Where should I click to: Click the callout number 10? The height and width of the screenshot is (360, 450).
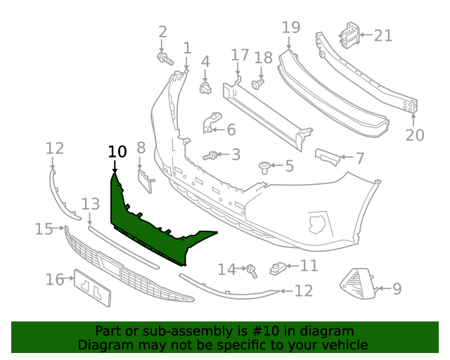[117, 151]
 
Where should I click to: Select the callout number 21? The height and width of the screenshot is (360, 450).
[383, 35]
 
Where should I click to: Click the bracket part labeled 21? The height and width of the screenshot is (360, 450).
[349, 35]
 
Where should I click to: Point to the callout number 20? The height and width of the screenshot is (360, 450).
[415, 134]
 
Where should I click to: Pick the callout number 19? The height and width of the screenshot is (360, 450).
[291, 27]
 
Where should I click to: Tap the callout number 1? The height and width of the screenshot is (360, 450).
[187, 48]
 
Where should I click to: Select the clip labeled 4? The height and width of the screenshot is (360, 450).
[206, 88]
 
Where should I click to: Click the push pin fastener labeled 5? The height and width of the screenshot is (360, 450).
[264, 167]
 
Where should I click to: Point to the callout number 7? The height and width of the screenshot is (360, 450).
[359, 158]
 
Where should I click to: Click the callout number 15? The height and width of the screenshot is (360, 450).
[44, 229]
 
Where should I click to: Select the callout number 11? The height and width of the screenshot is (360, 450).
[309, 266]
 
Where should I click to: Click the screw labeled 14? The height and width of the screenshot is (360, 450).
[250, 269]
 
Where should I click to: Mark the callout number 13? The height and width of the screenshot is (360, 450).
[91, 204]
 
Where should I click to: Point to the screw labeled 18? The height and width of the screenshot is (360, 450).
[257, 84]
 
